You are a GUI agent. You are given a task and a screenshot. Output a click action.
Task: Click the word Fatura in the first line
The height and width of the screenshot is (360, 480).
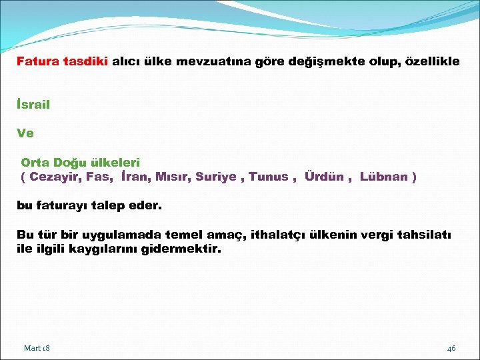tap(38, 61)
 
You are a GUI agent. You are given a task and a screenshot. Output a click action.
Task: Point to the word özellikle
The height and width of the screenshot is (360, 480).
tap(429, 61)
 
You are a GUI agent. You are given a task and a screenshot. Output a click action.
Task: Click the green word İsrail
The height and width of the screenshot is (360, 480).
tap(33, 105)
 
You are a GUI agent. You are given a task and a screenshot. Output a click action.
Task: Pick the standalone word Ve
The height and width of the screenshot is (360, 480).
tap(25, 133)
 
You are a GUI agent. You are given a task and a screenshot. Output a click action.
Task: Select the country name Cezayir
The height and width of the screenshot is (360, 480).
tap(55, 177)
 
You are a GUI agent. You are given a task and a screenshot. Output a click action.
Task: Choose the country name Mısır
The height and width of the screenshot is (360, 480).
tap(173, 177)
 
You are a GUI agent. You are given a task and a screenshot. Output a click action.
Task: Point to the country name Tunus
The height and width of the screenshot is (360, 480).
tap(269, 177)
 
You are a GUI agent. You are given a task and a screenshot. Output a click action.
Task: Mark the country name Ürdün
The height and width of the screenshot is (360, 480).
tap(324, 177)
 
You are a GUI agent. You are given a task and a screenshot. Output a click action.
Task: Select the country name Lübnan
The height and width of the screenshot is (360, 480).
tap(384, 177)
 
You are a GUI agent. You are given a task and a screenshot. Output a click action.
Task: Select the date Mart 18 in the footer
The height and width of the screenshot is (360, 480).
tap(37, 348)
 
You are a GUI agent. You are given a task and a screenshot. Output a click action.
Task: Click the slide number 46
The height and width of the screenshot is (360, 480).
tap(451, 348)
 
